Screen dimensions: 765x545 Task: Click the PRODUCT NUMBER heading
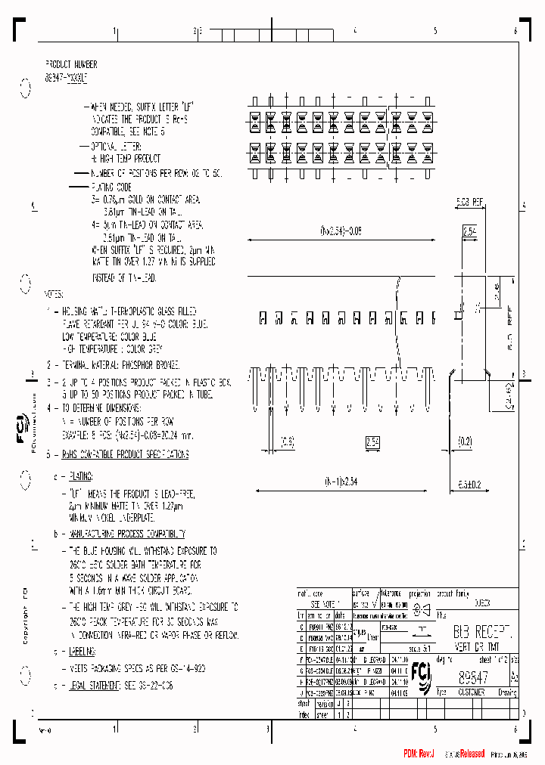(x=71, y=65)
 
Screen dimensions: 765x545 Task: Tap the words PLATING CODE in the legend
(x=114, y=186)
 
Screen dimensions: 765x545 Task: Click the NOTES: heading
(x=54, y=293)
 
